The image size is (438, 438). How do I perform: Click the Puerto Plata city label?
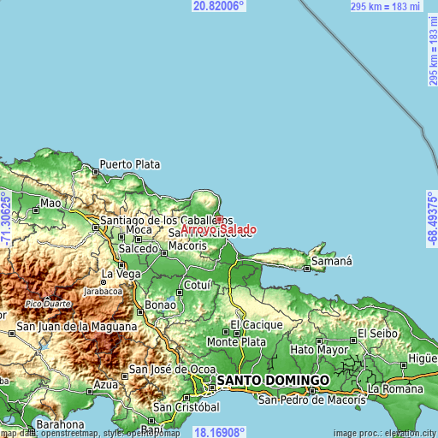click(130, 163)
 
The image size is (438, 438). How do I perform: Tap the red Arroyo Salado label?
click(218, 229)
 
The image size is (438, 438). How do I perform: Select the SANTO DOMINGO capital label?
click(272, 379)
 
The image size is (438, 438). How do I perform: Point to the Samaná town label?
click(331, 260)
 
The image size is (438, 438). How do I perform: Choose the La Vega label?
click(121, 275)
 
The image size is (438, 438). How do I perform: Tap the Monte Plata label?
click(233, 341)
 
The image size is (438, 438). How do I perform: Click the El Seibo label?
click(374, 333)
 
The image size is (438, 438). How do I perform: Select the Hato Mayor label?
click(315, 349)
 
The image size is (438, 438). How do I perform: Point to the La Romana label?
click(395, 388)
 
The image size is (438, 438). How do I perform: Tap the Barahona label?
click(59, 424)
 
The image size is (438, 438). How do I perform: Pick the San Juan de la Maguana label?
click(77, 327)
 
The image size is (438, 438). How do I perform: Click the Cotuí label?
click(198, 285)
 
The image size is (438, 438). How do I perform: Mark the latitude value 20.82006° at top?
click(219, 6)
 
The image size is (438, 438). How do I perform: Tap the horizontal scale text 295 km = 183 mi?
click(386, 7)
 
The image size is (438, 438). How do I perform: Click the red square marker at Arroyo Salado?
click(219, 219)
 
